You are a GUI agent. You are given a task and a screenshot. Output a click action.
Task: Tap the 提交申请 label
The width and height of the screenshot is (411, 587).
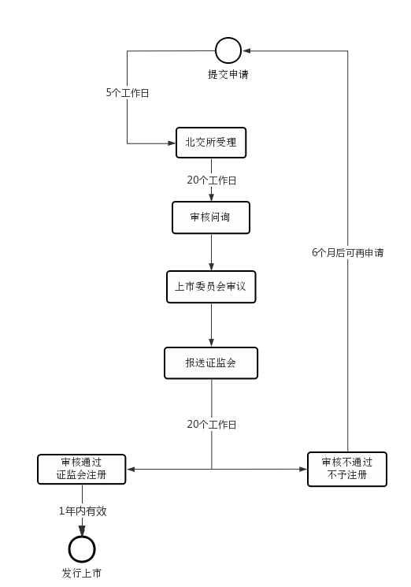[228, 74]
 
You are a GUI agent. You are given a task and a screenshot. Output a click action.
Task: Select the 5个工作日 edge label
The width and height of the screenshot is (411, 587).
[128, 92]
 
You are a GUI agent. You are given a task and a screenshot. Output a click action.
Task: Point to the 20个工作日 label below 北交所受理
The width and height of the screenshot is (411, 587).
[212, 180]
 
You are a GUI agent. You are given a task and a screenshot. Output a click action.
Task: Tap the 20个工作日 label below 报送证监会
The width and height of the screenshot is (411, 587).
[212, 424]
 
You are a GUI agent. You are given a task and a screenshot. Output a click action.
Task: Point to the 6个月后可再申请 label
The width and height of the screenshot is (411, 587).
[348, 253]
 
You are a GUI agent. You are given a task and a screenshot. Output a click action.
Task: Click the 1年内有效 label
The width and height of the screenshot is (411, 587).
[83, 511]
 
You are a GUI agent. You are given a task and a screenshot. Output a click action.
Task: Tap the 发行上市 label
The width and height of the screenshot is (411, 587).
[82, 573]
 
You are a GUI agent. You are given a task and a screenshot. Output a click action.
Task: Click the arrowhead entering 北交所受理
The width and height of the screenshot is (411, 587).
[172, 143]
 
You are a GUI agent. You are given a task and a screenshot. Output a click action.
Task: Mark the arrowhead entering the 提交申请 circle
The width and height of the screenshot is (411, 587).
[246, 50]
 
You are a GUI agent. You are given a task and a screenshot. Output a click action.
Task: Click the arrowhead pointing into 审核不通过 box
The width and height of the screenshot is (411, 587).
[303, 469]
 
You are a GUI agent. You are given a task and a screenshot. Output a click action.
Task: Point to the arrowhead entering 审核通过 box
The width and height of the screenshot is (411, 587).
[131, 469]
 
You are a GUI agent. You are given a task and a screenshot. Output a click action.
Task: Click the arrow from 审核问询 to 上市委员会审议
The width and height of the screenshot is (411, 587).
[211, 252]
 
